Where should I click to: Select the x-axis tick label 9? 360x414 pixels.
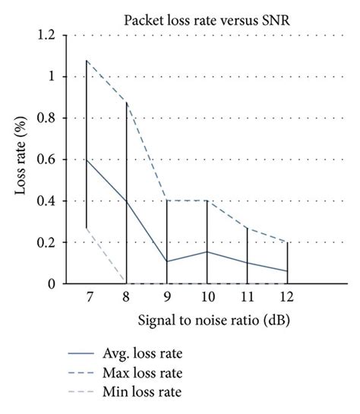pyautogui.click(x=166, y=297)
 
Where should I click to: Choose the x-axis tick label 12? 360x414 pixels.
pyautogui.click(x=287, y=297)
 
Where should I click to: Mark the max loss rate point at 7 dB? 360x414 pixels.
pyautogui.click(x=87, y=61)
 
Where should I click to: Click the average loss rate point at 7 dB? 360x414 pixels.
pyautogui.click(x=87, y=160)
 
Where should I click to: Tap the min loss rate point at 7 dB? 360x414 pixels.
pyautogui.click(x=87, y=228)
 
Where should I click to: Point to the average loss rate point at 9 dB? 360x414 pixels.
pyautogui.click(x=166, y=261)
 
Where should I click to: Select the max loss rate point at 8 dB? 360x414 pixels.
pyautogui.click(x=127, y=103)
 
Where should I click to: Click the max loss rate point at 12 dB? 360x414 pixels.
pyautogui.click(x=287, y=242)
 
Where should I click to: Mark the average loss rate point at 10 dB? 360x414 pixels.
pyautogui.click(x=207, y=251)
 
